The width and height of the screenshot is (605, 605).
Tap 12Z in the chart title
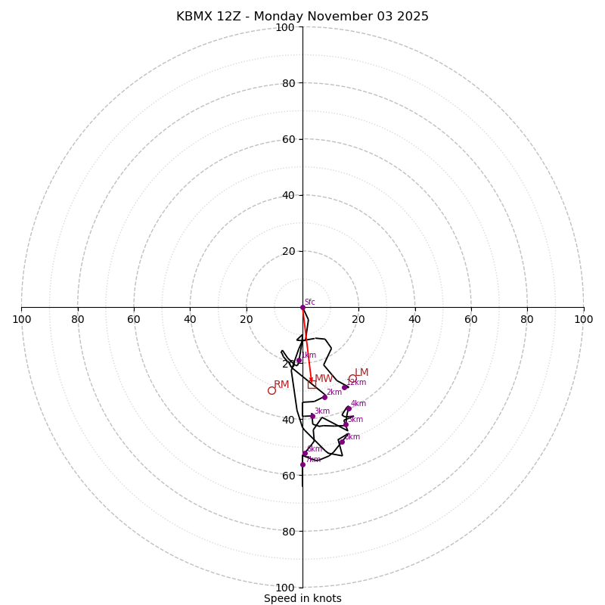[237, 17]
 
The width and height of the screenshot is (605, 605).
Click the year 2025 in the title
[413, 17]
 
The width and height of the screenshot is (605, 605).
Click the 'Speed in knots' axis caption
[302, 598]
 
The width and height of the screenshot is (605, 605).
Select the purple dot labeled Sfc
[302, 307]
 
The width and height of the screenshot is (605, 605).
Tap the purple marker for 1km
[299, 361]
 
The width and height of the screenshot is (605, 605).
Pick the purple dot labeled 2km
[324, 397]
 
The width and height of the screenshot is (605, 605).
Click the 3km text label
[321, 411]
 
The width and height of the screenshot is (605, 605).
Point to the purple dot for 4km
[349, 409]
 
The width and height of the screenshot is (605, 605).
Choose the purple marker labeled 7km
[302, 464]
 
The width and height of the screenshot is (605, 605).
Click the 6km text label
[314, 448]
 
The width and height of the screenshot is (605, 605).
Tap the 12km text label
[356, 382]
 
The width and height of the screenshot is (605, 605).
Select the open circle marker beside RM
[271, 390]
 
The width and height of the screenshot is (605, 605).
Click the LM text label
[361, 372]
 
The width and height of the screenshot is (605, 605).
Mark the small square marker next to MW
[312, 384]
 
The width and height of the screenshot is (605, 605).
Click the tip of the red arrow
[312, 383]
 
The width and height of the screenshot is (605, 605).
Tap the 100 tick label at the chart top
[285, 27]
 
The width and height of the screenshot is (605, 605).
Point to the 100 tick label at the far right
[583, 319]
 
